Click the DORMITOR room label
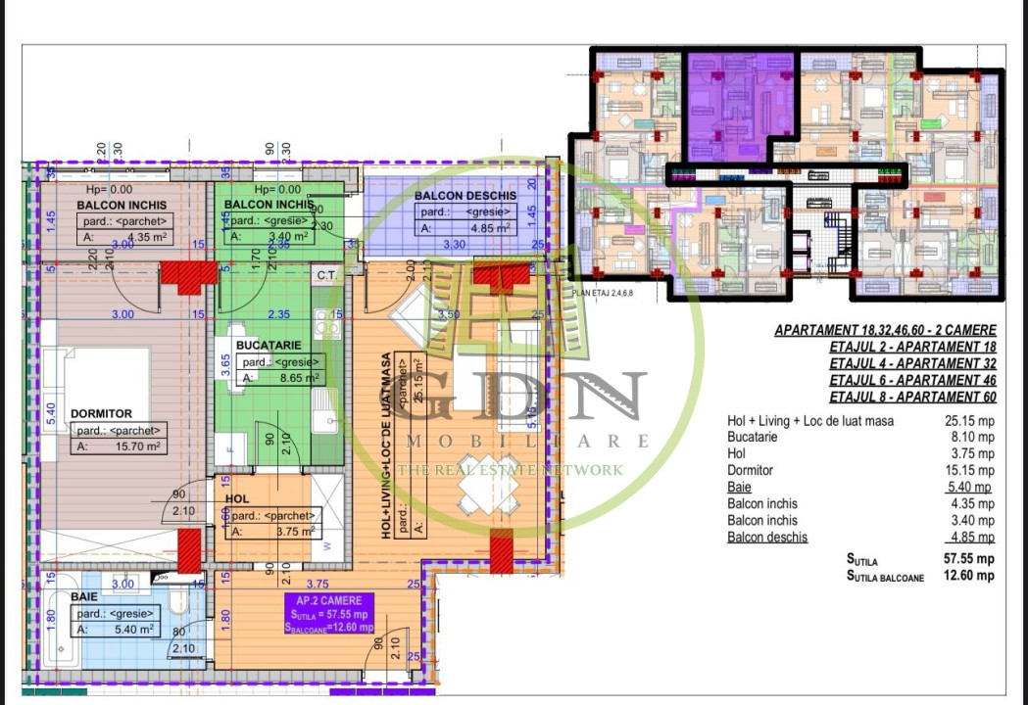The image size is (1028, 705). (x=101, y=414)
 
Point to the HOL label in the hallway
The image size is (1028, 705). (x=237, y=498)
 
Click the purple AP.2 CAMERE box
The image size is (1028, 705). (x=329, y=614)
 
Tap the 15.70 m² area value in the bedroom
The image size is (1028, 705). (x=136, y=446)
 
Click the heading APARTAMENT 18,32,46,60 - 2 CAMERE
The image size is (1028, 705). (x=885, y=331)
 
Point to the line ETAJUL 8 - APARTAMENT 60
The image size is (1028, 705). (x=912, y=398)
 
